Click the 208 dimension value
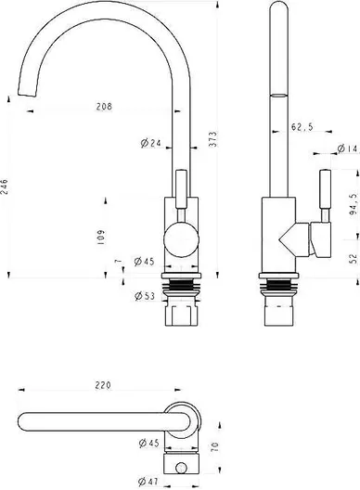click(104, 107)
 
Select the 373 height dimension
click(212, 139)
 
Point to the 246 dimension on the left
click(5, 187)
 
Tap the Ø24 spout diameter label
click(150, 143)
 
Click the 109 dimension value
click(101, 238)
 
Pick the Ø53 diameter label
click(145, 296)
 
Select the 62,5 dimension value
click(302, 127)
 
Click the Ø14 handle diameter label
click(347, 148)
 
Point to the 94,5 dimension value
click(354, 204)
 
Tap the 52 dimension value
click(354, 258)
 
